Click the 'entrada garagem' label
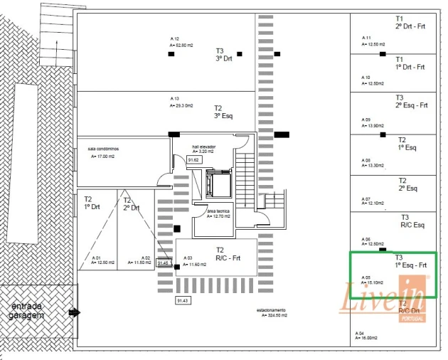[28, 310]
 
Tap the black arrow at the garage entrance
[73, 312]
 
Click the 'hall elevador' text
[203, 147]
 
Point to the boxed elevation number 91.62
[193, 160]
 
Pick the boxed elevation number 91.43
[183, 301]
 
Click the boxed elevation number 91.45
[164, 263]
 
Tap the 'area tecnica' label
[218, 211]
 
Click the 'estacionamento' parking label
[271, 310]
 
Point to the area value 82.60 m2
[182, 45]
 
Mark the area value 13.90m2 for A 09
[374, 125]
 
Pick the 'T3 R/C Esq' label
[412, 221]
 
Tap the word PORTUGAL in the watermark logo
[412, 318]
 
